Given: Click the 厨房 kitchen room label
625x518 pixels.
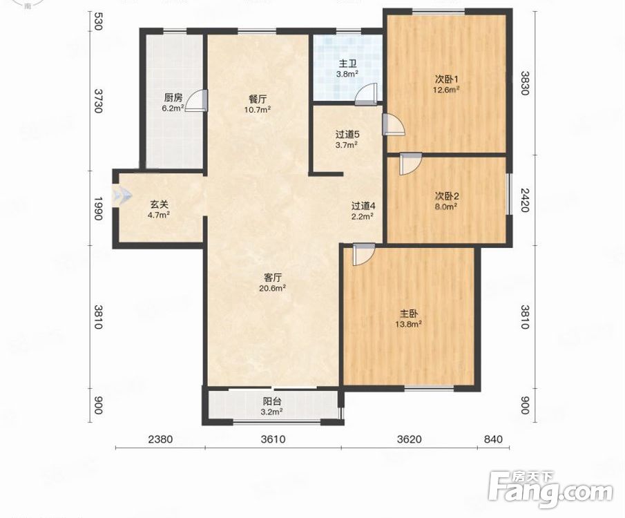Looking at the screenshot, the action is [x=173, y=97].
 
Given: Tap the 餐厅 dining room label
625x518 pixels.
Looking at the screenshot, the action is [x=258, y=99].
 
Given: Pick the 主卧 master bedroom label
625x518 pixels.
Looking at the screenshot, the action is [x=409, y=314].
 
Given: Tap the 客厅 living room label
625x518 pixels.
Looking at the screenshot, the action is [x=273, y=278].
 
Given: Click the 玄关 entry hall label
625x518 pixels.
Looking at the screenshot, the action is [x=159, y=204].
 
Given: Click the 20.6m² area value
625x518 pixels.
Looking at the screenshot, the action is [x=273, y=288].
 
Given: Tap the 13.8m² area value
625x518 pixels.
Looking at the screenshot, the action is [x=409, y=325].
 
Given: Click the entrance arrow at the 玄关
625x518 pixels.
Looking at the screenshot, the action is [x=122, y=195].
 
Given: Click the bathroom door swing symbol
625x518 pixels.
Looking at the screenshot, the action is [x=366, y=95].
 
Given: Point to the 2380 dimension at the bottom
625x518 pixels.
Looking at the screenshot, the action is [x=160, y=439].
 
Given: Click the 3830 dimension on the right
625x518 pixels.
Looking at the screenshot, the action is [x=525, y=83].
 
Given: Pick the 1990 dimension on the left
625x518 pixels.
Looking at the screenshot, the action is [x=98, y=207].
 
